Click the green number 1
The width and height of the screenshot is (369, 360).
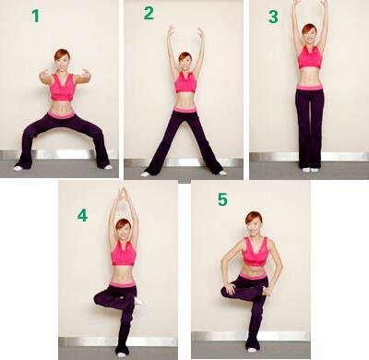36,16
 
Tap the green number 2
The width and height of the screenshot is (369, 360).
149,13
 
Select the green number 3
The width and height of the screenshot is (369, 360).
273,17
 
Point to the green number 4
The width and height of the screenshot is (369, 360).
82,215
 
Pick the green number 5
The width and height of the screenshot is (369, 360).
222,199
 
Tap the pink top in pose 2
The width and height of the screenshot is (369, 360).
185,82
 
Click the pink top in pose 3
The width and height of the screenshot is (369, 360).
310,57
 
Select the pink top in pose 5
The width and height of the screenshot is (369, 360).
256,251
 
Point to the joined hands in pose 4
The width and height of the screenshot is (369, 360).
124,193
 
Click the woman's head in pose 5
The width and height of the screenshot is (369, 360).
254,223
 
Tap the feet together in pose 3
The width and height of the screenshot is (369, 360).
310,170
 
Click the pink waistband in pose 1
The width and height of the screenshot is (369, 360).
61,114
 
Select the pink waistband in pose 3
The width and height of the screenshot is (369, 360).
310,88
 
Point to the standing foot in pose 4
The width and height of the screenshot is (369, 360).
121,354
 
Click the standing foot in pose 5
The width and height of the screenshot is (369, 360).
252,350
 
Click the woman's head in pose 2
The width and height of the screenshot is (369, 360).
185,62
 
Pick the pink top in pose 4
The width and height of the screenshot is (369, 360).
124,253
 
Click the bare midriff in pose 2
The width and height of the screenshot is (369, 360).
185,100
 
